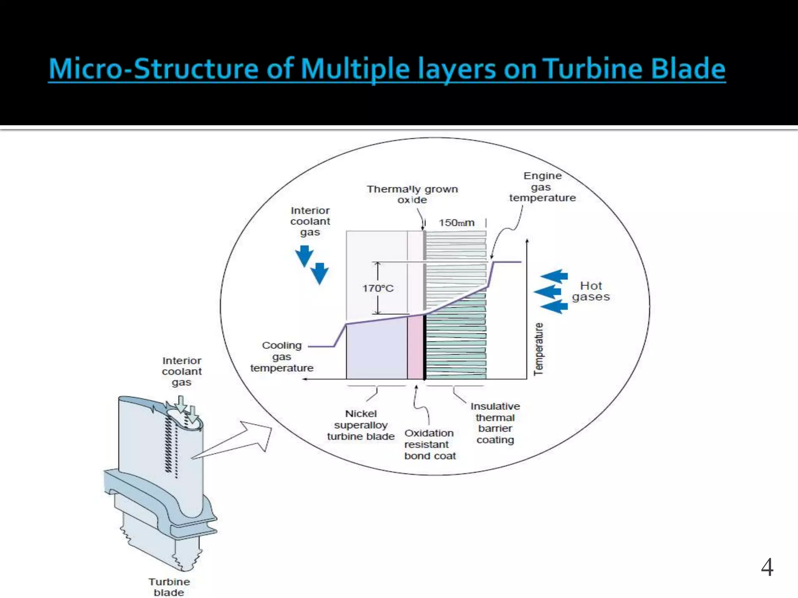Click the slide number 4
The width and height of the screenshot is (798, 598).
[767, 567]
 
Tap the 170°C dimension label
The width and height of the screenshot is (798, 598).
[378, 288]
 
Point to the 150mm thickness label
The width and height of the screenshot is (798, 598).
[456, 223]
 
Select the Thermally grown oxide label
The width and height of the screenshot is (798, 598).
[412, 194]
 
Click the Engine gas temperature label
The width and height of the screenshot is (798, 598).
[542, 187]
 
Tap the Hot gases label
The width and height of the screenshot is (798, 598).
[591, 291]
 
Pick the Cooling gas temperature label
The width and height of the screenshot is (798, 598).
[281, 357]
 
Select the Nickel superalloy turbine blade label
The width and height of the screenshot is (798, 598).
[361, 425]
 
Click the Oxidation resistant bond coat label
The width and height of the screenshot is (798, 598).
[429, 444]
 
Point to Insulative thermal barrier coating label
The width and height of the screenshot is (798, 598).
[495, 423]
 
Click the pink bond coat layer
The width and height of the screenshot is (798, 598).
[415, 346]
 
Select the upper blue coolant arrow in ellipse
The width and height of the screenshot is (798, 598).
[304, 255]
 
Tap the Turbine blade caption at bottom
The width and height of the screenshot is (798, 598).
[169, 587]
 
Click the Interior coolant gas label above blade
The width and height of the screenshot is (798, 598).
[182, 371]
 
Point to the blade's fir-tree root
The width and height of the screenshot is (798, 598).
[160, 541]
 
